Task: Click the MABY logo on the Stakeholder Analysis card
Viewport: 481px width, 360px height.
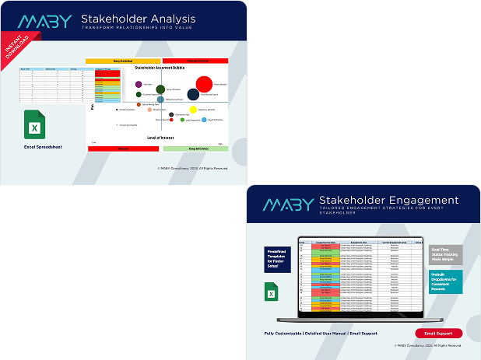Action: tap(47, 21)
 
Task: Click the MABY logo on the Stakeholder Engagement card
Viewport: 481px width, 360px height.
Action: tap(287, 204)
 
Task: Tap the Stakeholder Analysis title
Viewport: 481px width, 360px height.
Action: tap(139, 19)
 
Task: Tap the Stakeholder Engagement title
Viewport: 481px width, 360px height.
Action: tap(388, 201)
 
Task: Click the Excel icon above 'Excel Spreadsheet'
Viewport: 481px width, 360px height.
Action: tap(33, 124)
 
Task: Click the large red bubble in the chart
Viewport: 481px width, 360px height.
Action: tap(205, 83)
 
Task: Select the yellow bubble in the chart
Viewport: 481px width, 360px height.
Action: tap(194, 110)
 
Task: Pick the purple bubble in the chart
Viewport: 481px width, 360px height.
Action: tap(139, 84)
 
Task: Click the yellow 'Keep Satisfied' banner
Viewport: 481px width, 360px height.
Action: tap(122, 60)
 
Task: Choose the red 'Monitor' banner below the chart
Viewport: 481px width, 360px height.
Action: tap(122, 148)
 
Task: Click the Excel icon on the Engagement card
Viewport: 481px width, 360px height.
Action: tap(272, 292)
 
